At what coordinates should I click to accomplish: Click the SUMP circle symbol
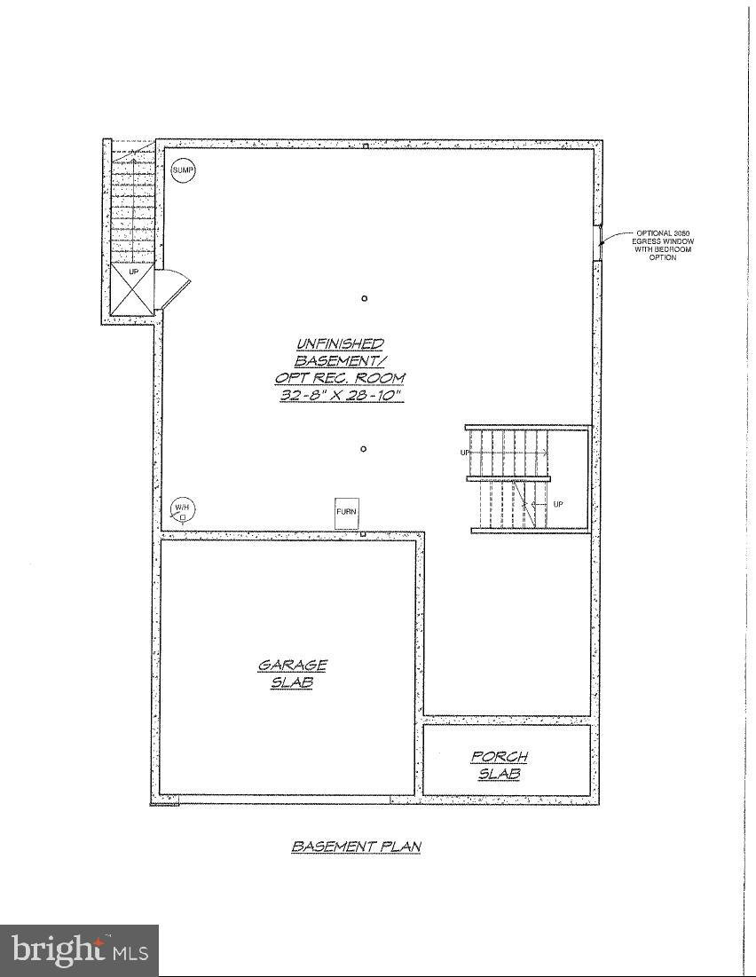pyautogui.click(x=183, y=169)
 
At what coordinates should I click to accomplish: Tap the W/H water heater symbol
pyautogui.click(x=183, y=509)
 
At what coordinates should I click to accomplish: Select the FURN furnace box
pyautogui.click(x=347, y=513)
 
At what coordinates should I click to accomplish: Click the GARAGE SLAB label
pyautogui.click(x=293, y=674)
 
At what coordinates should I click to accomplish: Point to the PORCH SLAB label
pyautogui.click(x=499, y=765)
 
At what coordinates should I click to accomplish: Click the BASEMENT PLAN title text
pyautogui.click(x=356, y=847)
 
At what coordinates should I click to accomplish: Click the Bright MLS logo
pyautogui.click(x=80, y=950)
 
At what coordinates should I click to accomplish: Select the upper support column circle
pyautogui.click(x=365, y=299)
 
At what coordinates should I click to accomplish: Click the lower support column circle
pyautogui.click(x=364, y=449)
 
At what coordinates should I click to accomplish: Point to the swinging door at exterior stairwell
pyautogui.click(x=172, y=288)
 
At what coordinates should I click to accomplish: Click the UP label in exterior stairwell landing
pyautogui.click(x=134, y=272)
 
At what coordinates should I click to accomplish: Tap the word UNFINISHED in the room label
pyautogui.click(x=341, y=343)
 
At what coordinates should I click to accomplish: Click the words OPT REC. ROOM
pyautogui.click(x=340, y=378)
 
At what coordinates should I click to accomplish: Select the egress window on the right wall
pyautogui.click(x=597, y=239)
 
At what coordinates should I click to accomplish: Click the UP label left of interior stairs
pyautogui.click(x=464, y=453)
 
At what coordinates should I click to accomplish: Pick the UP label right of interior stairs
pyautogui.click(x=558, y=504)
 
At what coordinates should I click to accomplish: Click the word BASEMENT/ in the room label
pyautogui.click(x=341, y=361)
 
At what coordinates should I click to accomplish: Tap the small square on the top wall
pyautogui.click(x=365, y=146)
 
